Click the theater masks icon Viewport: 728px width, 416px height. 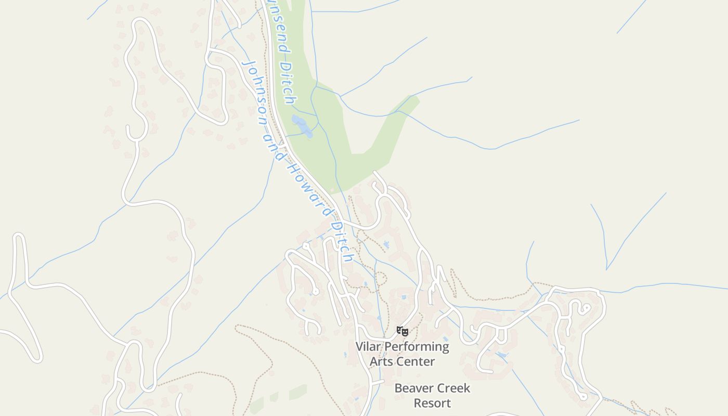(x=402, y=331)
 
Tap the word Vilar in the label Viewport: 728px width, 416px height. (x=368, y=346)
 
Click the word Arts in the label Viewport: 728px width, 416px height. (x=381, y=361)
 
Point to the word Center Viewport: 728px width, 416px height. (x=415, y=361)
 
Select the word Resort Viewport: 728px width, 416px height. (x=432, y=402)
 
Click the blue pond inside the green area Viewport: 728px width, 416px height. (x=302, y=126)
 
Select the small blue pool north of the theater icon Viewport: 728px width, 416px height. (x=404, y=297)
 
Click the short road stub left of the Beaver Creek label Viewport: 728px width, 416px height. (x=379, y=382)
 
